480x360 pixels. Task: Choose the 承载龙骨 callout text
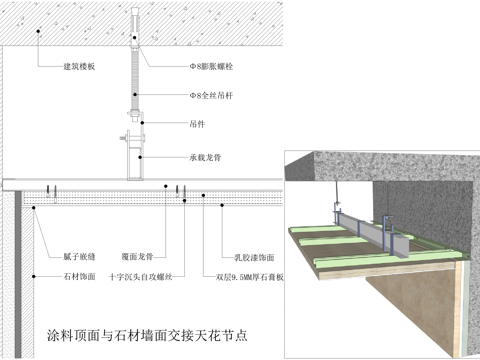pyautogui.click(x=205, y=157)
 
